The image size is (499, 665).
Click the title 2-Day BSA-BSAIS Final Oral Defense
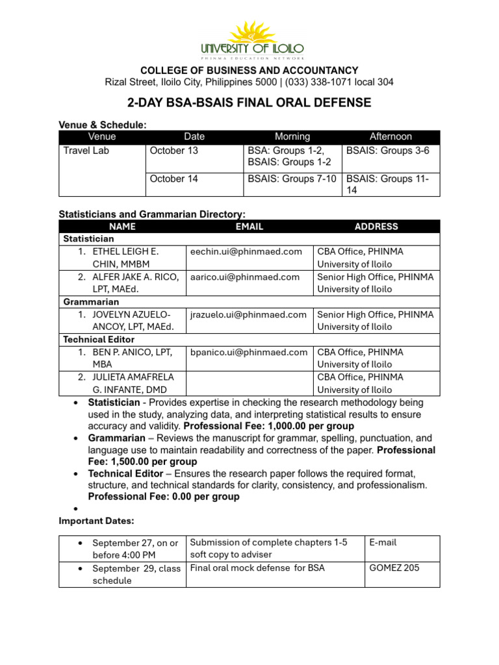(249, 103)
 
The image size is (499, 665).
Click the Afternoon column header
(390, 136)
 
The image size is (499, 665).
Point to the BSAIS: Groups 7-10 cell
(292, 179)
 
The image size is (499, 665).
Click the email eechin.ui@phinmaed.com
(246, 251)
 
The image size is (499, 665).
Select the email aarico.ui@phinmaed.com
(245, 277)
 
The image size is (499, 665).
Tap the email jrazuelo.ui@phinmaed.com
(248, 314)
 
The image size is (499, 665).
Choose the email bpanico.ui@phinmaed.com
(248, 352)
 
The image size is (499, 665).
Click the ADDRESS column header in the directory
(376, 227)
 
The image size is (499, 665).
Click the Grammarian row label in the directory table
(91, 302)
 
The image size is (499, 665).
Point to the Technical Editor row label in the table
(99, 340)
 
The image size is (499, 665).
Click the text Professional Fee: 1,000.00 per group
(269, 427)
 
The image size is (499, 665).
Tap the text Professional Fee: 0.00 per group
(164, 497)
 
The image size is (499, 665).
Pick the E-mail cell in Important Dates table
(383, 542)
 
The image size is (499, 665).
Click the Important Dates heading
(96, 520)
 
